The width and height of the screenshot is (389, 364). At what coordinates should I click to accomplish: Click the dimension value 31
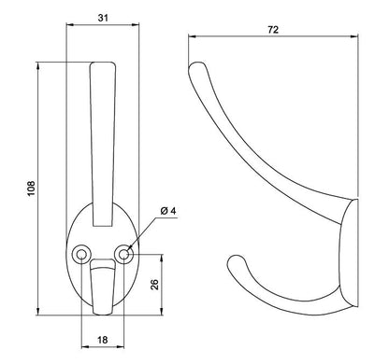103,18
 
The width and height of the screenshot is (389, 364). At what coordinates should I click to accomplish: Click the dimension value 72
273,30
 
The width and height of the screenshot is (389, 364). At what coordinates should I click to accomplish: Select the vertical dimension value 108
32,189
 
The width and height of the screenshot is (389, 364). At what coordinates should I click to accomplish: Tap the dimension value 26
154,285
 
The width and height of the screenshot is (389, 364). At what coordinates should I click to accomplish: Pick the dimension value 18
103,340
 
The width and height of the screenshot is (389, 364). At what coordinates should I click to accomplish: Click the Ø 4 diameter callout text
168,211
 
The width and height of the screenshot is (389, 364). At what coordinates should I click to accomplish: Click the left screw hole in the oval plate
81,255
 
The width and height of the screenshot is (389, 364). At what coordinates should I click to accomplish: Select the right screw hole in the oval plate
124,255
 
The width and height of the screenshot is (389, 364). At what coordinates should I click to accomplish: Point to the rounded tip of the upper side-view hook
195,65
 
